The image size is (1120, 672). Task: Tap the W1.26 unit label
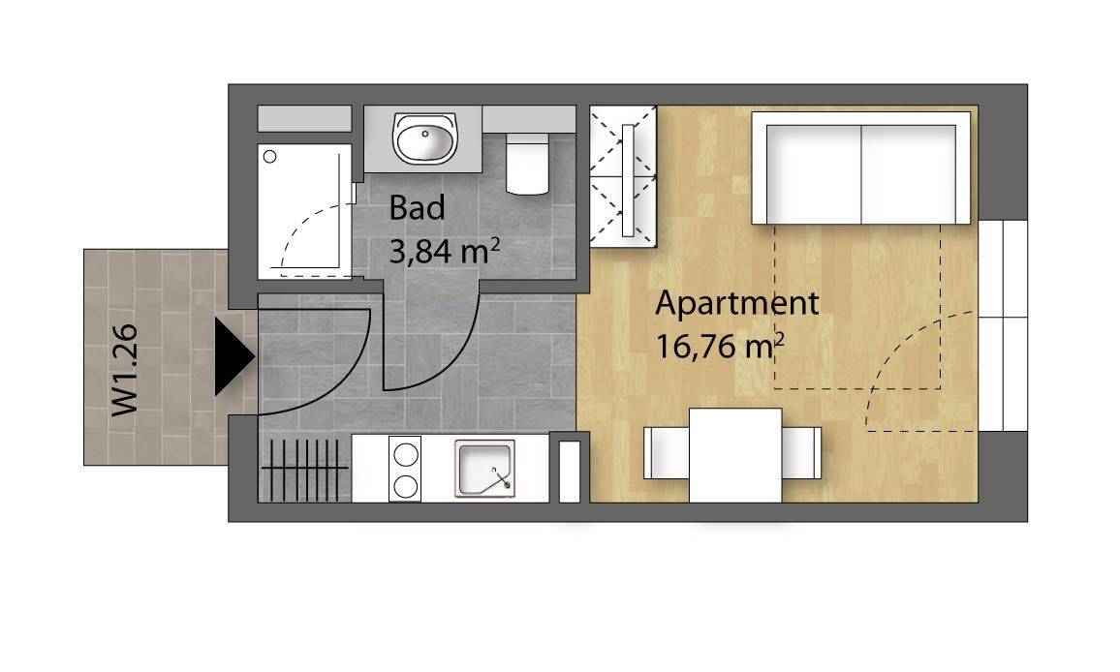[x=124, y=371]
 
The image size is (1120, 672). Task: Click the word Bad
[x=418, y=208]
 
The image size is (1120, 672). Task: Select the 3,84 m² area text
[x=444, y=252]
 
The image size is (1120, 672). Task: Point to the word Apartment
[x=736, y=304]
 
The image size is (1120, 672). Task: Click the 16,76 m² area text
[x=719, y=347]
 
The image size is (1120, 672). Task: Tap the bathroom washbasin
[x=424, y=137]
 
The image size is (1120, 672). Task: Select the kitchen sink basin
[x=485, y=470]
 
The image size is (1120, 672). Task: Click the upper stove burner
[x=406, y=454]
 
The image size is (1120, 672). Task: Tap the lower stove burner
[x=406, y=486]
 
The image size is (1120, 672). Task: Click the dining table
[x=735, y=455]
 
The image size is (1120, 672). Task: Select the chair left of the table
[x=666, y=453]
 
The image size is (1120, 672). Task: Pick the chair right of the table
[x=801, y=453]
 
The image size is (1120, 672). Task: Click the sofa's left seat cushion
[x=814, y=174]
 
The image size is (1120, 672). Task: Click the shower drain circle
[x=270, y=157]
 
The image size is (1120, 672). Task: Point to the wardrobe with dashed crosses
[x=623, y=176]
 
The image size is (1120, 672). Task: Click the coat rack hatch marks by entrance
[x=305, y=469]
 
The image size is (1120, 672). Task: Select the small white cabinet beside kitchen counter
[x=570, y=472]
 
